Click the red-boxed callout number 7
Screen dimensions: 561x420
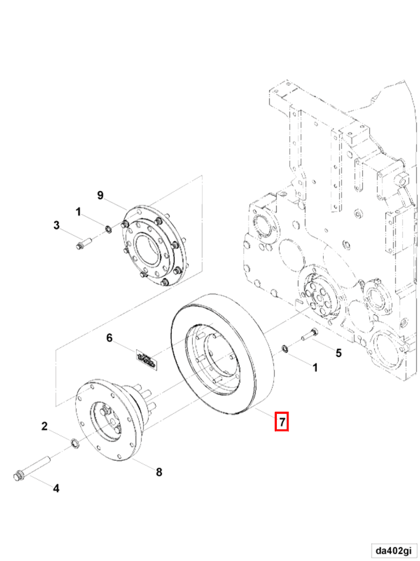(x=282, y=423)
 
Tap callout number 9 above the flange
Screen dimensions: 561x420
(x=100, y=195)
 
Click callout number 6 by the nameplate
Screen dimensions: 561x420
(x=109, y=337)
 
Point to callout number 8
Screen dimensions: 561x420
(x=159, y=472)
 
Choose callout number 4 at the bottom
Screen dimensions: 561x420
(x=56, y=488)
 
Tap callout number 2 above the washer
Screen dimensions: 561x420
(x=45, y=426)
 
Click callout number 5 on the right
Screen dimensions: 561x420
(x=339, y=352)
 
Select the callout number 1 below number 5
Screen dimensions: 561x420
(x=316, y=367)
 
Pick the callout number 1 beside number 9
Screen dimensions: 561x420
(x=78, y=211)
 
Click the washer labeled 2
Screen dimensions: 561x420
(x=74, y=443)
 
